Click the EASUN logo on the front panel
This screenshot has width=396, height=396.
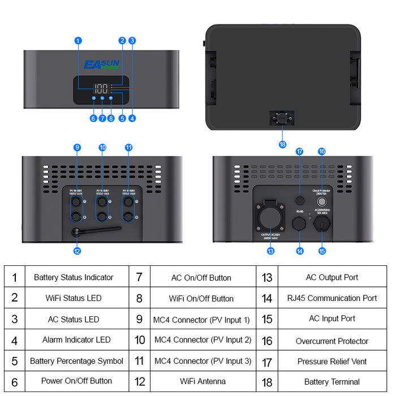(x=101, y=64)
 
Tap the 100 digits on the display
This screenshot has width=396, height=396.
(x=101, y=89)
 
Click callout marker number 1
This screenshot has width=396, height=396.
(x=78, y=40)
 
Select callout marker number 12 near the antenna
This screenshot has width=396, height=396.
(x=77, y=251)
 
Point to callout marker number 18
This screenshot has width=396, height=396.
(x=282, y=144)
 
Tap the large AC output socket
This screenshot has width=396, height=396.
(x=270, y=216)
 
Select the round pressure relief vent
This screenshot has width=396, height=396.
(x=300, y=200)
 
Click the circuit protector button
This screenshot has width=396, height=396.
(x=322, y=201)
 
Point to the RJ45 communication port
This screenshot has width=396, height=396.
(x=300, y=225)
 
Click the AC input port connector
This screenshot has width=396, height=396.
(x=322, y=225)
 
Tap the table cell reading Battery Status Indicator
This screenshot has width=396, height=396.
(x=74, y=277)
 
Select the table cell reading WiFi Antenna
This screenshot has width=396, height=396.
(x=203, y=381)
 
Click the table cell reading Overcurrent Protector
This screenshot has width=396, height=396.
(x=332, y=341)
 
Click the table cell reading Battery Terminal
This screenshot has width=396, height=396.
(x=332, y=382)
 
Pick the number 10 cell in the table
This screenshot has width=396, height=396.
(x=140, y=340)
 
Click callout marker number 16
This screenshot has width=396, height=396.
(x=322, y=152)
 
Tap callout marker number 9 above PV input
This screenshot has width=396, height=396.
(x=77, y=147)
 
